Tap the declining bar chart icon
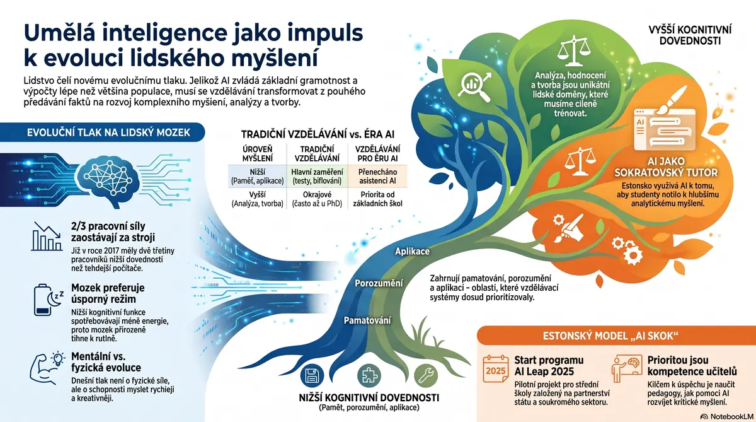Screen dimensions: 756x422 tap(47, 236)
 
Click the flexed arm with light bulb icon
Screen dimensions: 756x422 tap(47, 368)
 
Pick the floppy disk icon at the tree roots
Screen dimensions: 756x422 tap(312, 376)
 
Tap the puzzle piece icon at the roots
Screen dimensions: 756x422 tap(369, 376)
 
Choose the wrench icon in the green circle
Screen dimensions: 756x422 tap(426, 376)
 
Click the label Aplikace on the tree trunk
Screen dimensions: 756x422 tap(413, 252)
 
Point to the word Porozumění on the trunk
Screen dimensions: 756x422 tap(379, 283)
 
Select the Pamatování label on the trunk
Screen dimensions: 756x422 tap(367, 320)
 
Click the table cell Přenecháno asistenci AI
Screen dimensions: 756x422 tap(377, 177)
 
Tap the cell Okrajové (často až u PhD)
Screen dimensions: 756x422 tap(317, 199)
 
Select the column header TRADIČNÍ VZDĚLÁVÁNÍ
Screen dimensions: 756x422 tap(317, 154)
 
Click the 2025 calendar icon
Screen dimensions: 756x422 tap(495, 368)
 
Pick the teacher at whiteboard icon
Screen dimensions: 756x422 tap(627, 368)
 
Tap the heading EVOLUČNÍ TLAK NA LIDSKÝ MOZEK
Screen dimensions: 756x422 tap(108, 132)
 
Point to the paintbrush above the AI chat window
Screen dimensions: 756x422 tap(671, 100)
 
